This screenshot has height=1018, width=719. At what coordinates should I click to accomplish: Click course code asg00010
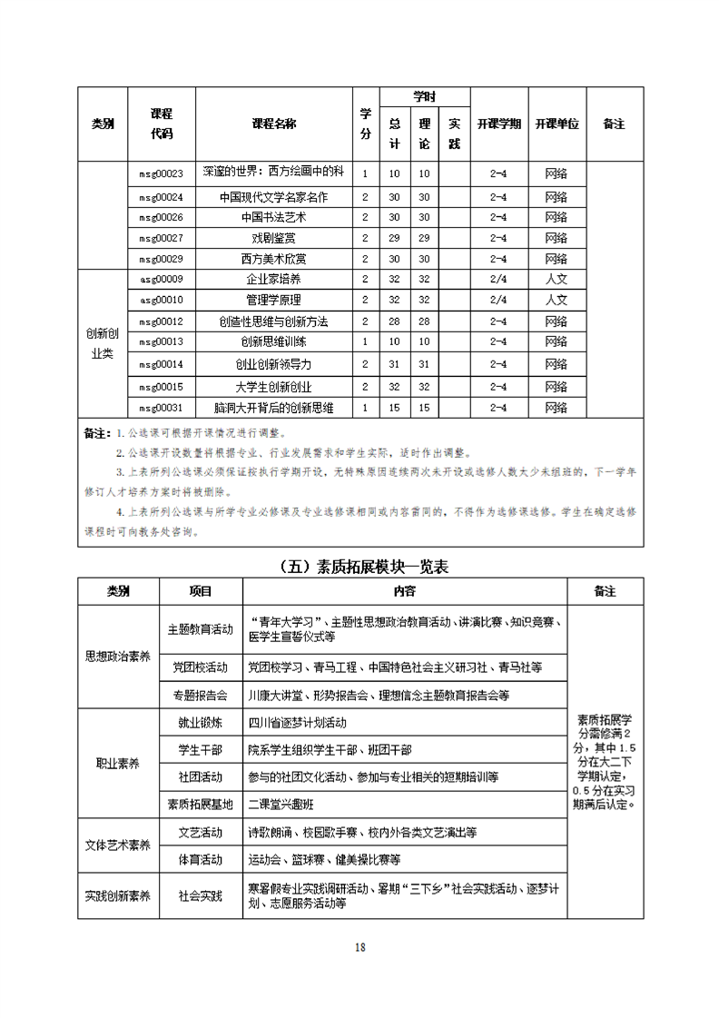point(161,300)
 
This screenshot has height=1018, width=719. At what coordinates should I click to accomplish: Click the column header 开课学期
point(498,124)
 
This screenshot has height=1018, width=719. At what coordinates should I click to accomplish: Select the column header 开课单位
point(556,124)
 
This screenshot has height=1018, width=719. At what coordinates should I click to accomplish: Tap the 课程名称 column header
point(273,124)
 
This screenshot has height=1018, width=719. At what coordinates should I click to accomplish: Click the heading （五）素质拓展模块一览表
point(360,567)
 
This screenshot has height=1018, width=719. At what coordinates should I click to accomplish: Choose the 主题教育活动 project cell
point(201,628)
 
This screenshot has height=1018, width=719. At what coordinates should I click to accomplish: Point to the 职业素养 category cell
point(118,764)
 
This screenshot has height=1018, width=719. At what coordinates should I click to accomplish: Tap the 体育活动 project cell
point(201,859)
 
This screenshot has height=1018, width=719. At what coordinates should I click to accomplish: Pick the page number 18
point(359,947)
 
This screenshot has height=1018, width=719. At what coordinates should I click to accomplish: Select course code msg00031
point(161,408)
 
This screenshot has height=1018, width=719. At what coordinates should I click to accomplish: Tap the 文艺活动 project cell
point(201,832)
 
